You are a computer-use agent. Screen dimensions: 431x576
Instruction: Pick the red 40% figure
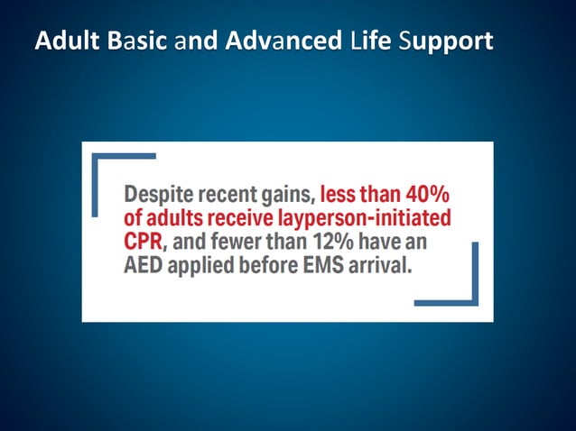point(425,194)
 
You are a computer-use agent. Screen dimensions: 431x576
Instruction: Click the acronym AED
point(144,267)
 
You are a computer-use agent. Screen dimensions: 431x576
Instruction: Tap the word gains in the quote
point(287,194)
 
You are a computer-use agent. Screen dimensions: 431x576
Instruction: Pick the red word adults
point(173,218)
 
